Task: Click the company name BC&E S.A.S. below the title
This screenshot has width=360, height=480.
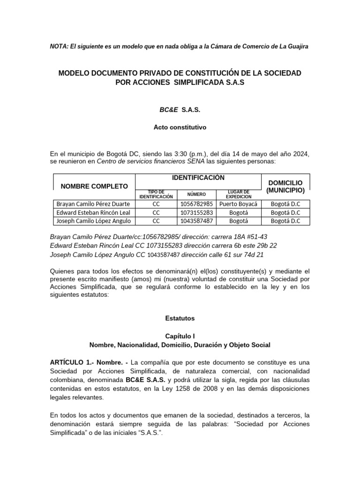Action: click(x=180, y=109)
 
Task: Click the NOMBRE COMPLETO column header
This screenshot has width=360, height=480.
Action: click(x=94, y=186)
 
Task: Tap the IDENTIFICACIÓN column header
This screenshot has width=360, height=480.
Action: click(x=198, y=178)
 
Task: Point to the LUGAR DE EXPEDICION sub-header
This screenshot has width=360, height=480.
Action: click(x=240, y=195)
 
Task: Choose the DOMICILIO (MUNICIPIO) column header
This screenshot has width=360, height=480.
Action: click(x=285, y=186)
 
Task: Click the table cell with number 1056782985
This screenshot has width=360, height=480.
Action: click(x=196, y=204)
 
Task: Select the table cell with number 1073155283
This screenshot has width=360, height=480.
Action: click(x=196, y=212)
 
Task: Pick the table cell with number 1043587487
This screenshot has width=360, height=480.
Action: click(x=196, y=221)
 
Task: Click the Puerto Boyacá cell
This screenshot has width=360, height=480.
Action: click(x=240, y=204)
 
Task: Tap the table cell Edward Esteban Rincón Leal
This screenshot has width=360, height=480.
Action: click(x=93, y=212)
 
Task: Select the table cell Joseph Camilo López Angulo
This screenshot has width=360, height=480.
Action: click(x=94, y=221)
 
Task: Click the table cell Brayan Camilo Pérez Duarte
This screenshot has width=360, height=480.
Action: click(x=93, y=204)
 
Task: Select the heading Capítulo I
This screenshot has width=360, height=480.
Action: click(x=180, y=336)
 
